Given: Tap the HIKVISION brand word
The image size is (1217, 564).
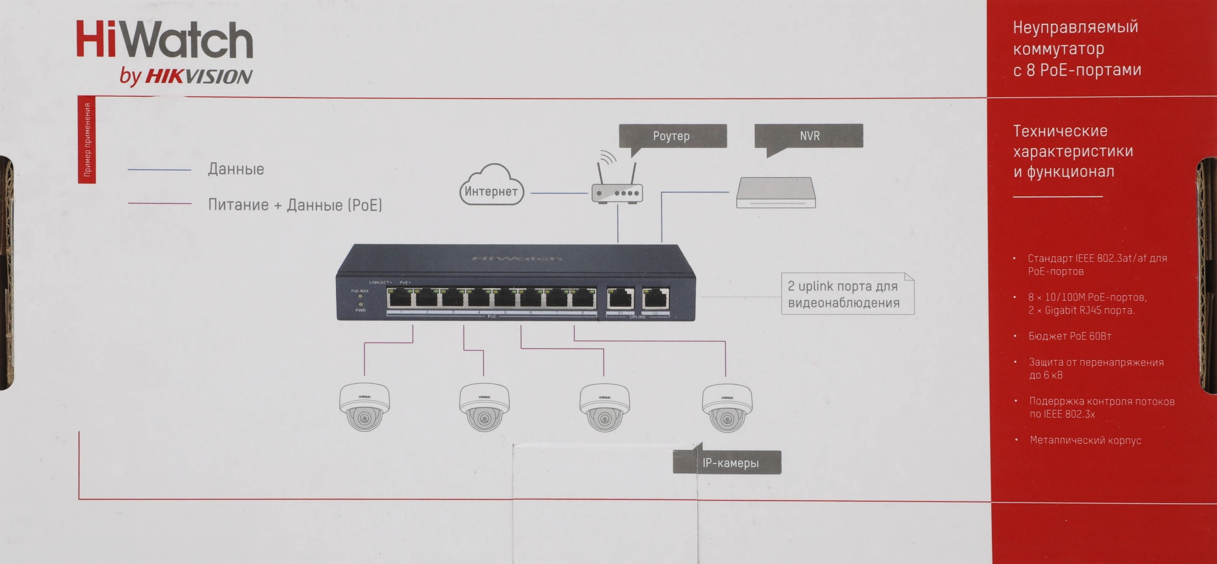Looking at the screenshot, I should [x=198, y=76].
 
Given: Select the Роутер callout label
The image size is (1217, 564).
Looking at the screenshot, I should [x=672, y=136].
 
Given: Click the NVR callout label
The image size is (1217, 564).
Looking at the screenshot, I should [x=809, y=136].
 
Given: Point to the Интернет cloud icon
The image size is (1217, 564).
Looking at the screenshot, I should [x=491, y=186].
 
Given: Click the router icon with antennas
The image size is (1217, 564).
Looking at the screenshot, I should [x=616, y=186].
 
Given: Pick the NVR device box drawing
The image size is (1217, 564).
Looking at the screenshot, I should [x=775, y=193].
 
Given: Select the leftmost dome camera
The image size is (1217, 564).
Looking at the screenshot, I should [x=364, y=407].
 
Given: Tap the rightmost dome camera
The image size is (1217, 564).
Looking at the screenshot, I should [x=727, y=407].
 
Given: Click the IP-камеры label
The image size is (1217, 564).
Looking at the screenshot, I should [x=730, y=463].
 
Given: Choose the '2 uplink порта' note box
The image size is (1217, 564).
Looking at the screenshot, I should [x=846, y=294].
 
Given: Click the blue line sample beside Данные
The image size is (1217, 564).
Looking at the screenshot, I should [x=159, y=170].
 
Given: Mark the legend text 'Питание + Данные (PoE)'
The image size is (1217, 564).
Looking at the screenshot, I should [x=295, y=205].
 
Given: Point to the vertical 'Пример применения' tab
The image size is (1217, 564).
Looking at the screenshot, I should [x=87, y=139].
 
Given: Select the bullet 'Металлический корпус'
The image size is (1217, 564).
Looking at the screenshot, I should [x=1085, y=440].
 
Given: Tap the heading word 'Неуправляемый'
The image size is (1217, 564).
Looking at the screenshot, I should [x=1075, y=27].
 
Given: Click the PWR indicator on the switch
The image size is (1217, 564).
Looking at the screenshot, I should [x=360, y=304].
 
